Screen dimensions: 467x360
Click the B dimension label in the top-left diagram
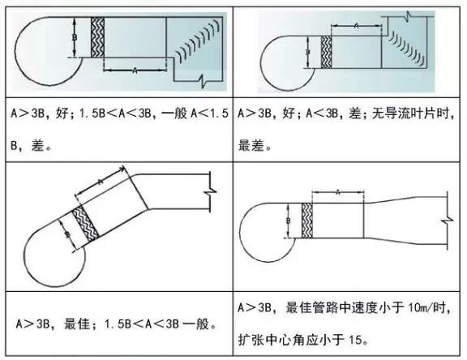(x=75, y=38)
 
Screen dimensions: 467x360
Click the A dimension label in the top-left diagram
(x=135, y=71)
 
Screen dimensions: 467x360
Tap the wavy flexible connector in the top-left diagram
(x=97, y=37)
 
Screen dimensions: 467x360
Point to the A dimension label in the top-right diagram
(x=357, y=26)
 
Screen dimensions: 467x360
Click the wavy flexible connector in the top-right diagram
(x=327, y=52)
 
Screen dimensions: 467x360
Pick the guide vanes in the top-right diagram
(x=407, y=47)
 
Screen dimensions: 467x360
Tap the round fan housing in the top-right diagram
(x=286, y=63)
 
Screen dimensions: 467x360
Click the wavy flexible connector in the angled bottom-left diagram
(x=85, y=225)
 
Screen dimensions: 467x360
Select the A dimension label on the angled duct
(x=101, y=182)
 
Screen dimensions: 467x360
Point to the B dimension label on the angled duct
(x=68, y=234)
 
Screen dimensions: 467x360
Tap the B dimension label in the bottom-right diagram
(x=289, y=221)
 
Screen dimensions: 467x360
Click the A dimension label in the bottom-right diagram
(x=338, y=192)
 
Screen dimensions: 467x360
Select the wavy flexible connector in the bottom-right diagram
(x=307, y=221)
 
